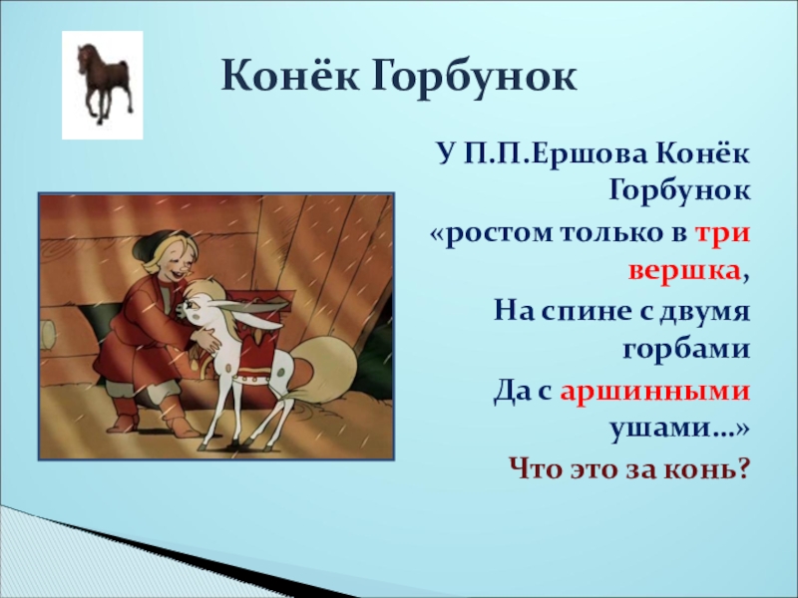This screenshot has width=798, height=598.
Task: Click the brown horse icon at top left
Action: [105, 84]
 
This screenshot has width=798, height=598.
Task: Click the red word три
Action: [722, 234]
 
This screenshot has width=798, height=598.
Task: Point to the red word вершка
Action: [684, 272]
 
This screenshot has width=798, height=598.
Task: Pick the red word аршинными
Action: [655, 391]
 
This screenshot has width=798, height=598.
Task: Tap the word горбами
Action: [686, 351]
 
